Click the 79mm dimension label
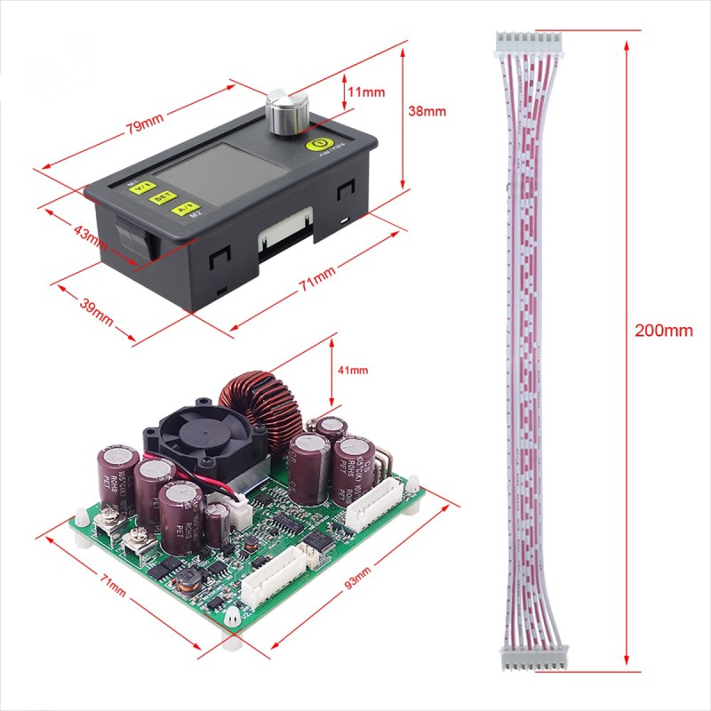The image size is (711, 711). (143, 125)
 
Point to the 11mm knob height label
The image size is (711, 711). (365, 92)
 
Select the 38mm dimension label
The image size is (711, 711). (427, 112)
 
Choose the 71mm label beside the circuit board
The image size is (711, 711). (112, 587)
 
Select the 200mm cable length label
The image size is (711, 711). (663, 331)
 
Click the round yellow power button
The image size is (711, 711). (316, 144)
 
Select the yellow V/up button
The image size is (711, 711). (140, 187)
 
